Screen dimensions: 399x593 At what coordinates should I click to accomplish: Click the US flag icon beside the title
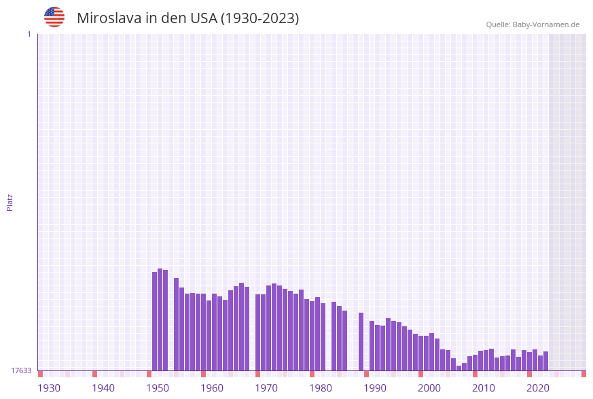pyautogui.click(x=54, y=17)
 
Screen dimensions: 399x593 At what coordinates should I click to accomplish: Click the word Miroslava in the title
pyautogui.click(x=109, y=18)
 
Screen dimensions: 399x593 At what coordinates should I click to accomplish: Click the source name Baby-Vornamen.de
pyautogui.click(x=546, y=24)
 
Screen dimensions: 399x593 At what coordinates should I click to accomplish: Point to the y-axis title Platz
pyautogui.click(x=10, y=202)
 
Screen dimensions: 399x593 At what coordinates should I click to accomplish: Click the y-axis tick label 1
pyautogui.click(x=29, y=34)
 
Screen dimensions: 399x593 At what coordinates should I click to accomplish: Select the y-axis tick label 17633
pyautogui.click(x=21, y=370)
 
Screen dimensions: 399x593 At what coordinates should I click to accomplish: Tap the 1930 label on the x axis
pyautogui.click(x=49, y=388)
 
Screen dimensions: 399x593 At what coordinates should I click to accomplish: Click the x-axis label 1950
pyautogui.click(x=158, y=388)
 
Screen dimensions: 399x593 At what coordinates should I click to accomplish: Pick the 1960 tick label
pyautogui.click(x=212, y=388)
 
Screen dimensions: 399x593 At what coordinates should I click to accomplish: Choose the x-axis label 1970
pyautogui.click(x=266, y=388)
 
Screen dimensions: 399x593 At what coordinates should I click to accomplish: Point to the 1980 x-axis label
pyautogui.click(x=321, y=388)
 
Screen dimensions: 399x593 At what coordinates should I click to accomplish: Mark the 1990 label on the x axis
pyautogui.click(x=375, y=388)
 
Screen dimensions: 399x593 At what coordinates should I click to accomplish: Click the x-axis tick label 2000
pyautogui.click(x=429, y=388)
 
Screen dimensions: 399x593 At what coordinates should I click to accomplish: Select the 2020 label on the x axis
pyautogui.click(x=538, y=388)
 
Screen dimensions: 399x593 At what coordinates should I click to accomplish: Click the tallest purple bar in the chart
pyautogui.click(x=160, y=319)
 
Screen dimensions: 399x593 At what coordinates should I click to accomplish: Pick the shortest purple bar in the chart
pyautogui.click(x=459, y=368)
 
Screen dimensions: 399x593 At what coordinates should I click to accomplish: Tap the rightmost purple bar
pyautogui.click(x=546, y=361)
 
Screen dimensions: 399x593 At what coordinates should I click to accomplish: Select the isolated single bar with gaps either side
pyautogui.click(x=361, y=341)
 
